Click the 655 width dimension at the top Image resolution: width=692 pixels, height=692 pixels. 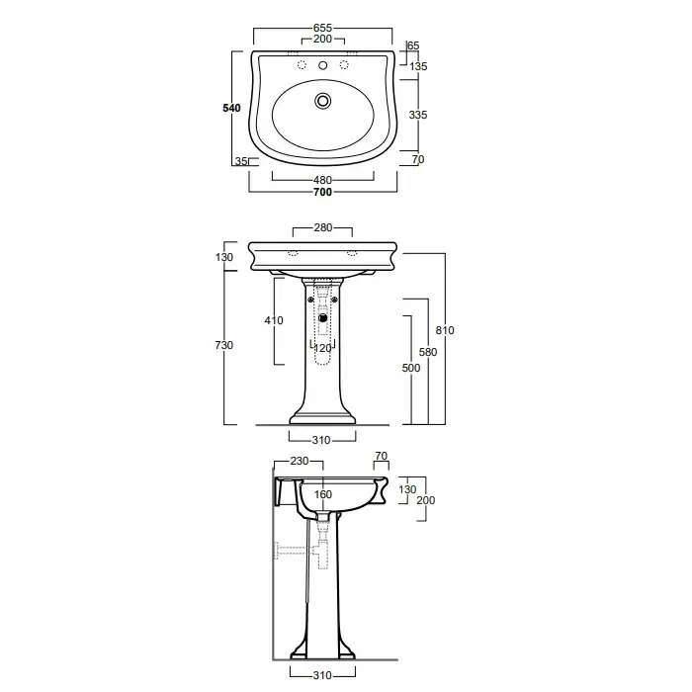point(322,28)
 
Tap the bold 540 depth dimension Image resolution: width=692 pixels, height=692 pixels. point(231,108)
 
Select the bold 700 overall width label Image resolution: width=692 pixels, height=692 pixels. point(322,192)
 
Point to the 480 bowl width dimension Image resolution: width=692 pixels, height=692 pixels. point(322,180)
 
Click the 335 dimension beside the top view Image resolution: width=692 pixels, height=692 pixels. point(418,115)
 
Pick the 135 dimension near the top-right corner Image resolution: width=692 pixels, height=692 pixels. point(418,66)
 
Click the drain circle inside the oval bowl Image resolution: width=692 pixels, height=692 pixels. point(323,101)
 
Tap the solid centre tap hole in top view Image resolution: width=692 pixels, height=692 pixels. point(323,65)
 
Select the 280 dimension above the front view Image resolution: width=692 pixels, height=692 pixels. point(322,227)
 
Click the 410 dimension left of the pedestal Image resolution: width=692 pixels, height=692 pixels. point(274,320)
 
